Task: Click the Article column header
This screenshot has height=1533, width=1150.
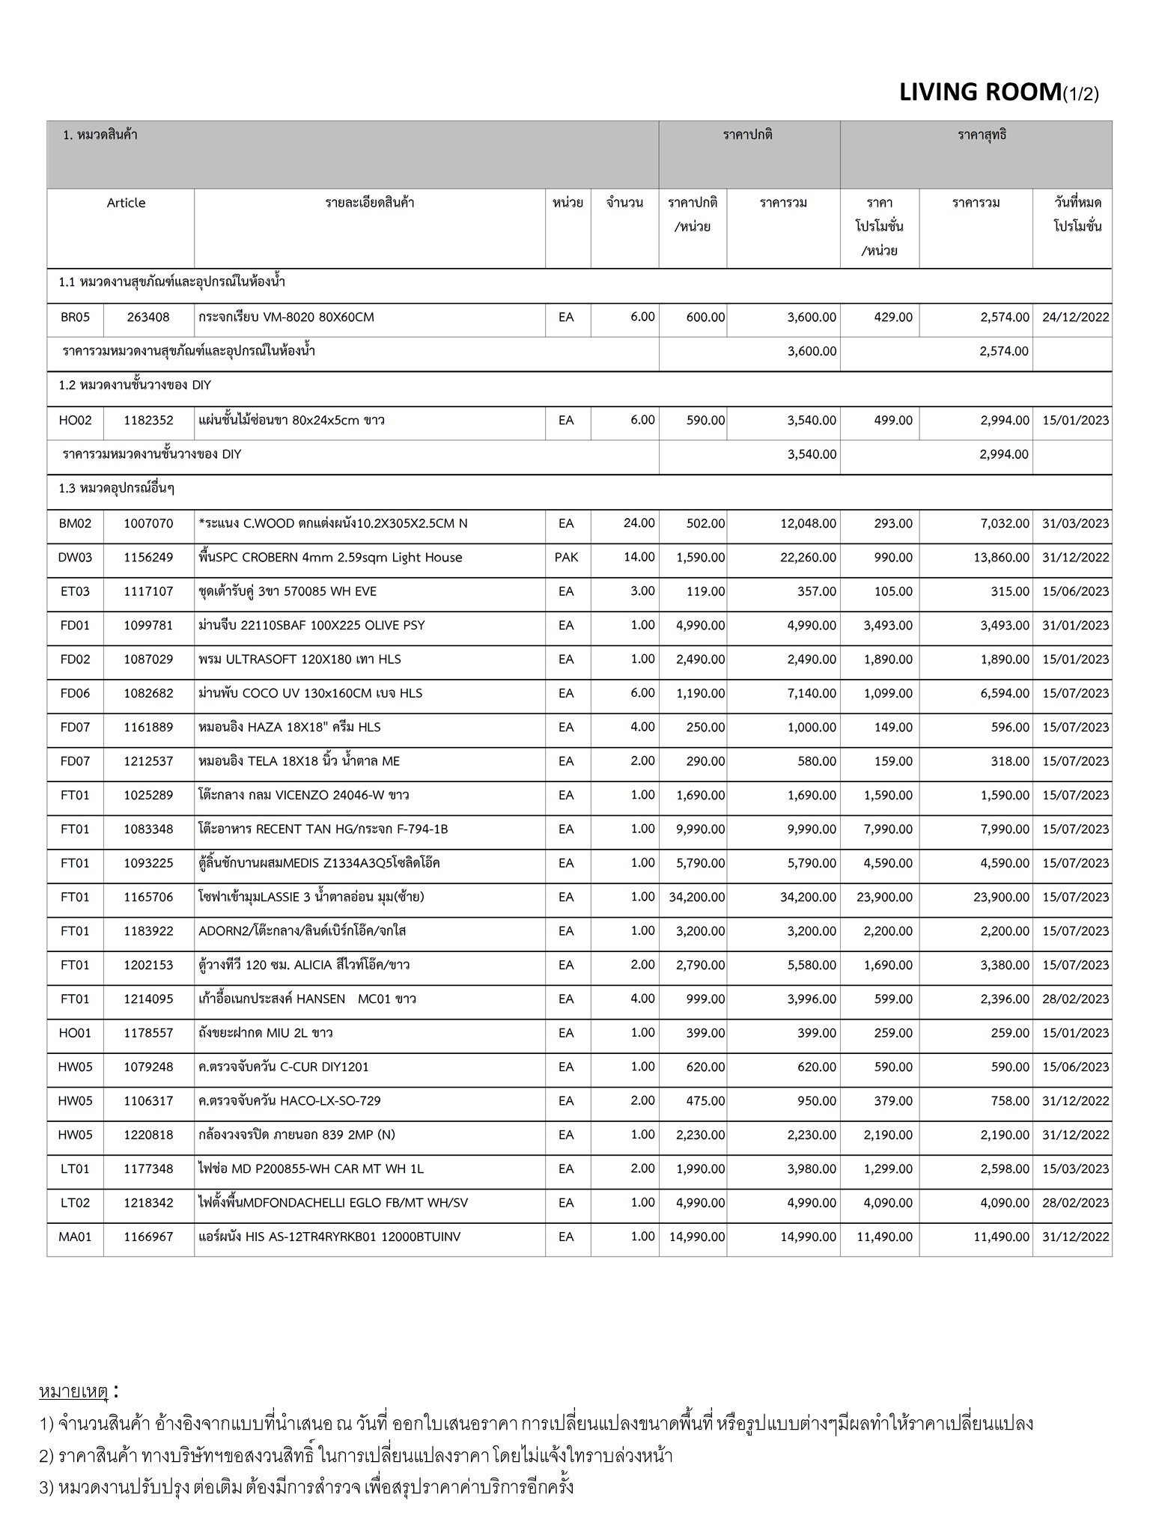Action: pos(126,203)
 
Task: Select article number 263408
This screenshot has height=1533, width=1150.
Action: pos(148,317)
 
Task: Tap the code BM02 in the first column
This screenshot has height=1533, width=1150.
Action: pos(75,523)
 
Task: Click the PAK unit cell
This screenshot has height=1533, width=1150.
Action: pos(567,558)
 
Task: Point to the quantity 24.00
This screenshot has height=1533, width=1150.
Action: pos(639,523)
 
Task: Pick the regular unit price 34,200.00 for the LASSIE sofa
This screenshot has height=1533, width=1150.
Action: pos(696,897)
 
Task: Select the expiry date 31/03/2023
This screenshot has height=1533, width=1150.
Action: pos(1075,523)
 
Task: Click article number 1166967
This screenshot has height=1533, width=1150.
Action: pos(148,1237)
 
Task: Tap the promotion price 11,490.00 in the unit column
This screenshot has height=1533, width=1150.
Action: pos(884,1237)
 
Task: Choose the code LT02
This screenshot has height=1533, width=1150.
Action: pos(75,1203)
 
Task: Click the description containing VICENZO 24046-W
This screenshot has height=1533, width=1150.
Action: pos(303,795)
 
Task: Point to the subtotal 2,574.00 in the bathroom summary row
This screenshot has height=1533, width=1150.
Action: pos(1003,351)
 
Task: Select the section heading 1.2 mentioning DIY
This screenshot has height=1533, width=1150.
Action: pos(135,385)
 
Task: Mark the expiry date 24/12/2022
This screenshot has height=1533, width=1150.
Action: pos(1075,317)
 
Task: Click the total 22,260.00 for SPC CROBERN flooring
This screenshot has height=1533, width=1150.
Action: pos(808,558)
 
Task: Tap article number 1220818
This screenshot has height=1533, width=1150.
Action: pos(148,1135)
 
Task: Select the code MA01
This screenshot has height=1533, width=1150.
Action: pos(75,1237)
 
